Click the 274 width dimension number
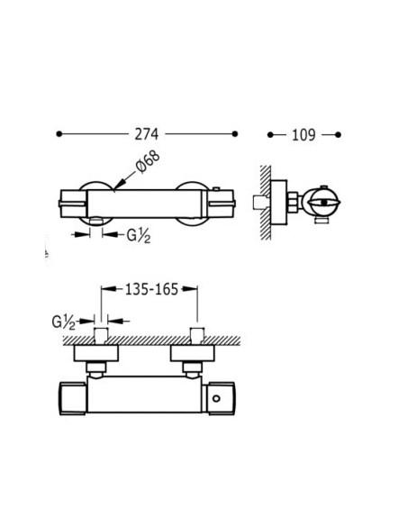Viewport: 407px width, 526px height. pyautogui.click(x=146, y=134)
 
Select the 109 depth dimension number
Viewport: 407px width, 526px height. pyautogui.click(x=303, y=135)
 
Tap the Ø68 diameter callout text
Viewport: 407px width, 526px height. pyautogui.click(x=148, y=162)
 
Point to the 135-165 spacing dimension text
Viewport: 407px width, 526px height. pyautogui.click(x=151, y=289)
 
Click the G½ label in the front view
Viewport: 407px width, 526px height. pyautogui.click(x=139, y=236)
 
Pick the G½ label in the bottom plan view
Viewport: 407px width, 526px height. pyautogui.click(x=63, y=322)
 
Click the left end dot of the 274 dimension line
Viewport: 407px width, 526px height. pyautogui.click(x=59, y=134)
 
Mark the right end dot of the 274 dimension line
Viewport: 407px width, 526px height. pyautogui.click(x=235, y=134)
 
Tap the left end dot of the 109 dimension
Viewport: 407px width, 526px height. pyautogui.click(x=270, y=135)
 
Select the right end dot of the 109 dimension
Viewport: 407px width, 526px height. pyautogui.click(x=338, y=135)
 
